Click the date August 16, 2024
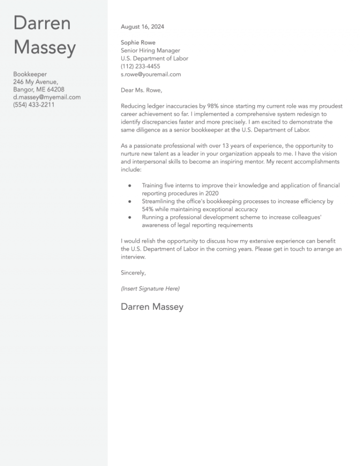(142, 27)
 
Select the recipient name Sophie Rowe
(138, 43)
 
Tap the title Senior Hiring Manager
(150, 51)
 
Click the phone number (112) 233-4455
(140, 67)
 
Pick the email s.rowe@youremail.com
(150, 75)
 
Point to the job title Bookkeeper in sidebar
(30, 74)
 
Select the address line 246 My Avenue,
(35, 82)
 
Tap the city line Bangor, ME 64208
(38, 90)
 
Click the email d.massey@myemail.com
(47, 97)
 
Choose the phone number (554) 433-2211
(34, 105)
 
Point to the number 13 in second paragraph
(228, 146)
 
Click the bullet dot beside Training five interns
(129, 186)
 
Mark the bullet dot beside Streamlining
(129, 202)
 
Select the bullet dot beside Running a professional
(129, 218)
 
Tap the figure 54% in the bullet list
(149, 210)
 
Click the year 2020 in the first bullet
(212, 194)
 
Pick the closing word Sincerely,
(133, 273)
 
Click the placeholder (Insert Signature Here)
(150, 289)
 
